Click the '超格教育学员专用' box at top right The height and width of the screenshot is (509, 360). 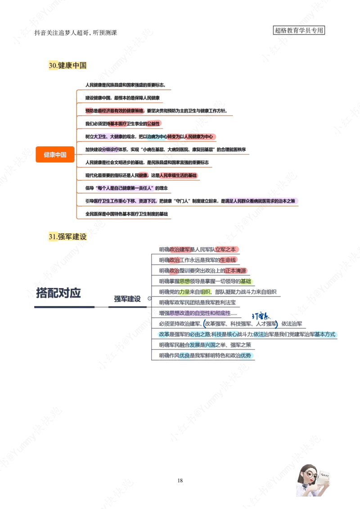tap(299, 31)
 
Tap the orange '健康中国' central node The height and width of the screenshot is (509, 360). tap(55, 155)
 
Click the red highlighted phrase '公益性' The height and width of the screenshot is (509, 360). tap(153, 123)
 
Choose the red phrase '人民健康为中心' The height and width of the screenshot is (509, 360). tap(196, 136)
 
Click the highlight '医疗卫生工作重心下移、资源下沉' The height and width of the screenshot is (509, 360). tap(125, 201)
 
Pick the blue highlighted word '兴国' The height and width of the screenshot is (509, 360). tap(210, 345)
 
